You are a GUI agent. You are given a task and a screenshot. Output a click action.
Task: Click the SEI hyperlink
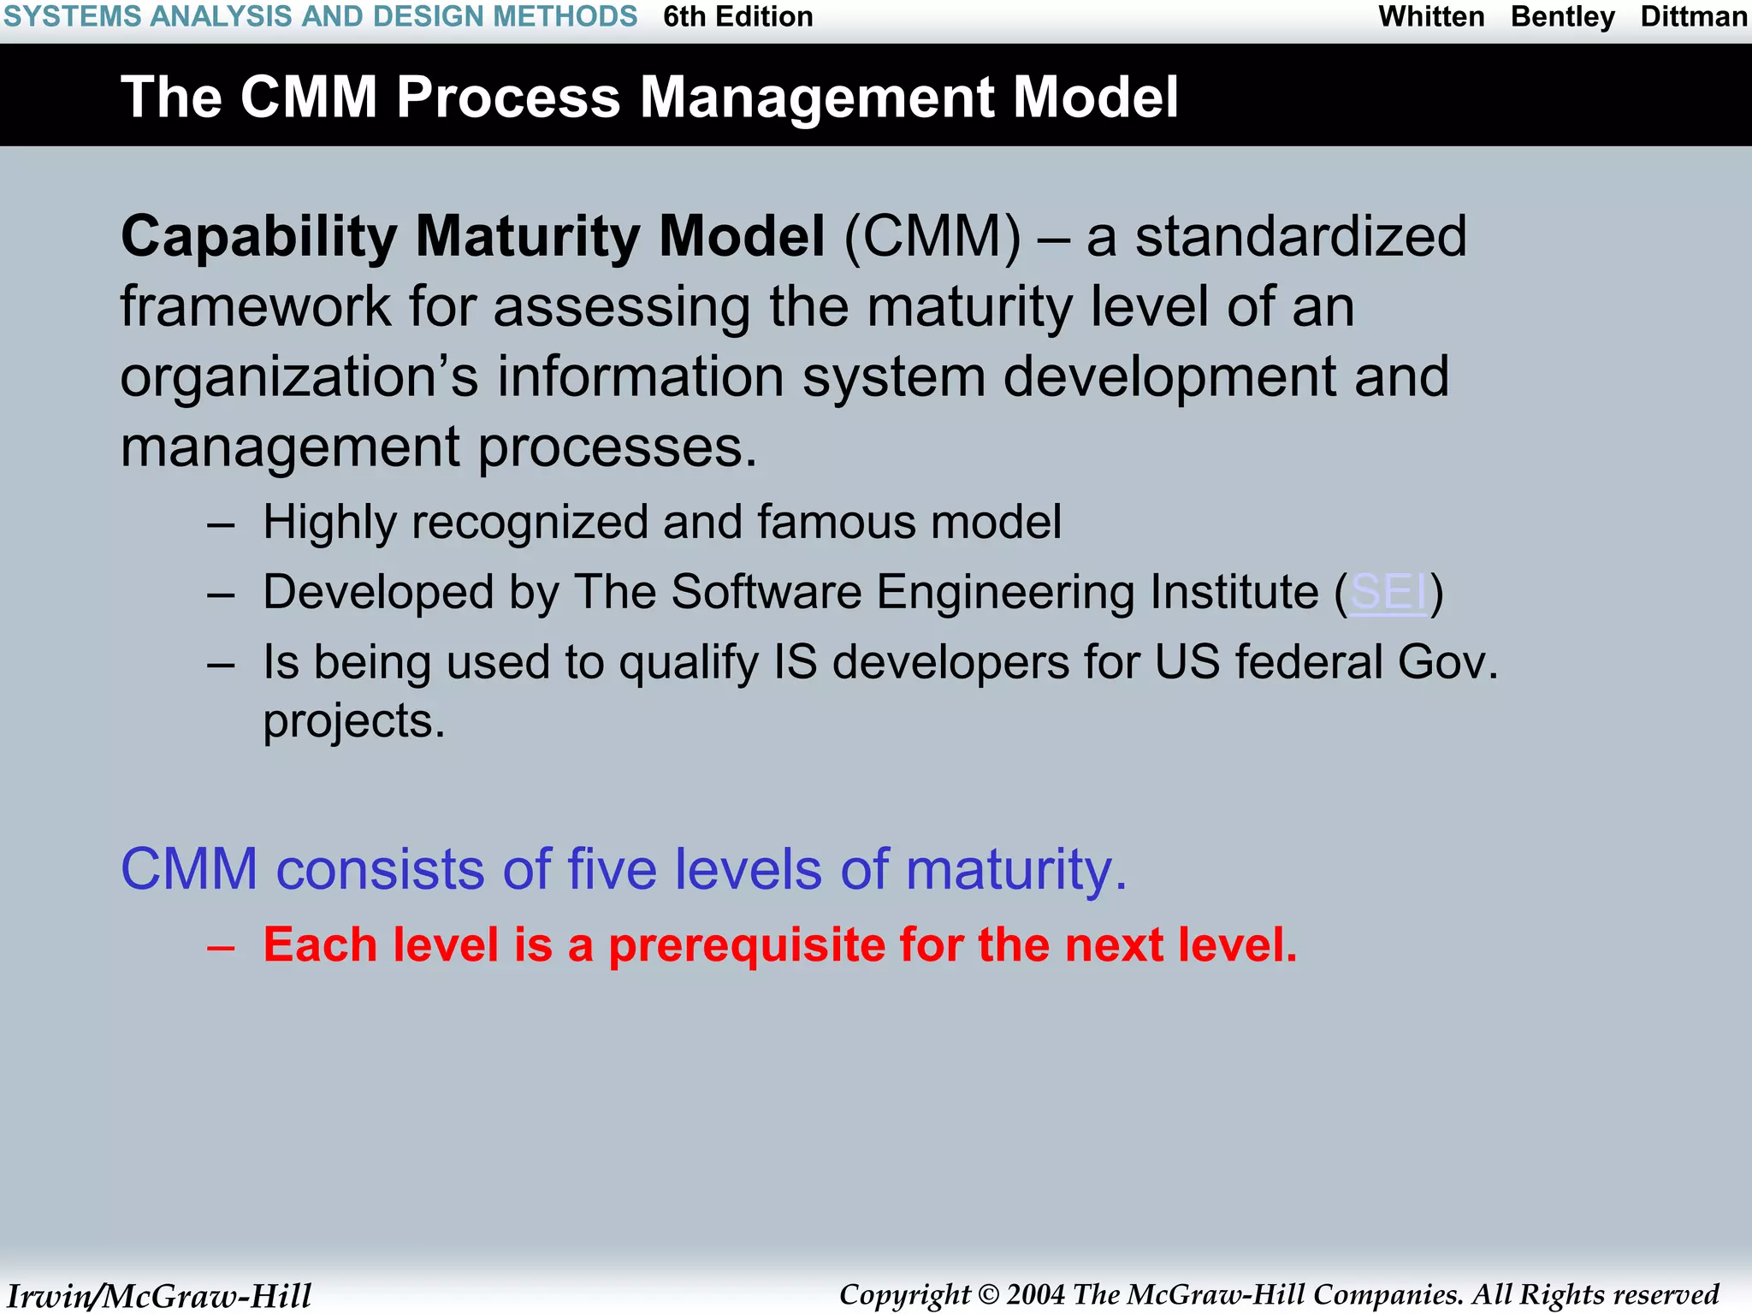[1388, 592]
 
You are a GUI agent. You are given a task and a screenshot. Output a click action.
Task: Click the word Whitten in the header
[1431, 17]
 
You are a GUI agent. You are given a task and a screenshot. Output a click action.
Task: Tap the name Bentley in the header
[1562, 17]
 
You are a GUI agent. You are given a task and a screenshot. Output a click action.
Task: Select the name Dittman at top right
[1693, 17]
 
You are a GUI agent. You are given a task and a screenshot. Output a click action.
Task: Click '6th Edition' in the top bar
[737, 17]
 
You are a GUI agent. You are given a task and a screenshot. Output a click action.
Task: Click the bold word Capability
[258, 238]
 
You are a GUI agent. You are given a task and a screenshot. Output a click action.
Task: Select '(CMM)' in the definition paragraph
[932, 237]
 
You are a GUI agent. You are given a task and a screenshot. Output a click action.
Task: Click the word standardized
[1300, 237]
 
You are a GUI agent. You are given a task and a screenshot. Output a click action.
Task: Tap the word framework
[255, 307]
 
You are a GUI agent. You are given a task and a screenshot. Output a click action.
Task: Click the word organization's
[299, 378]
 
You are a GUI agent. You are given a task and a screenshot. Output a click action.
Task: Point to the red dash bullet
[221, 947]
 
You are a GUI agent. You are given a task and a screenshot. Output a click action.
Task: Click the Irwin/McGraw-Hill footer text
[159, 1296]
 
